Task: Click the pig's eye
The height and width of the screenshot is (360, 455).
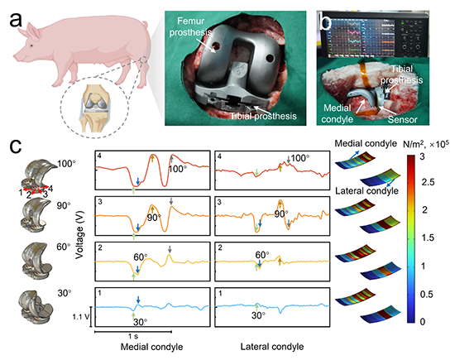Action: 31,46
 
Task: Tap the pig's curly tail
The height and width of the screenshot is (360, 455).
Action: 145,25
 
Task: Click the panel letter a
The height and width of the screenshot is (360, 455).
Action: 16,20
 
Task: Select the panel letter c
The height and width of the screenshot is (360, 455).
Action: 16,146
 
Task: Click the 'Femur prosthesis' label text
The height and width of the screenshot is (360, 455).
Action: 190,26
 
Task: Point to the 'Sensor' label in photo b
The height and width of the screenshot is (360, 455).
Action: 403,120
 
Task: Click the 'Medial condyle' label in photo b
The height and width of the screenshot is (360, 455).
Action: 338,113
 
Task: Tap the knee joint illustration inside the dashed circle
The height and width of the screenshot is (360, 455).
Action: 94,108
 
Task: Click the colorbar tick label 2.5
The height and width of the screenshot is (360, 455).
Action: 428,182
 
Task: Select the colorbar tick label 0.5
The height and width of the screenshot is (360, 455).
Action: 427,295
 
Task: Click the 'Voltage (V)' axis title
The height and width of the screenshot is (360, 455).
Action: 79,234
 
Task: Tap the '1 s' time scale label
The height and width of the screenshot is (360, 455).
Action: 133,337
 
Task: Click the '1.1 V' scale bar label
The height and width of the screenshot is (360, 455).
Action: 81,317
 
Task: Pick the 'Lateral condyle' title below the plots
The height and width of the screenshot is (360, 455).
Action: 272,347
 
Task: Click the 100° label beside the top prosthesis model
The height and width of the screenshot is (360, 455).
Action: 66,164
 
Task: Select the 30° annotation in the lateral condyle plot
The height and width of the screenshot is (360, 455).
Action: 258,315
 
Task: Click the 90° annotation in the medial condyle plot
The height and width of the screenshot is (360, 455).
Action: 154,217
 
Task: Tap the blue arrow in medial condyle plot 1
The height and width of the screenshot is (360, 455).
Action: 138,300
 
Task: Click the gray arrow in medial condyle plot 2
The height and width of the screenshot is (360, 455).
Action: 170,249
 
